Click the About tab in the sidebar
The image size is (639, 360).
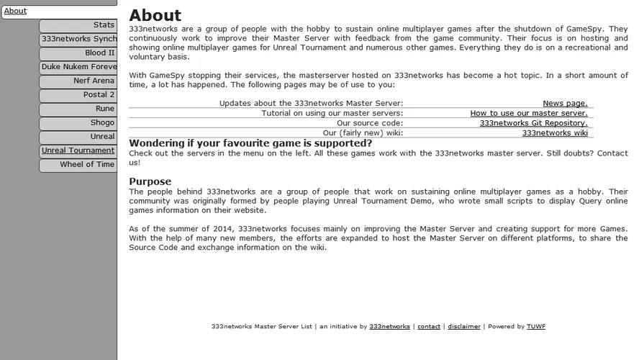[x=16, y=12]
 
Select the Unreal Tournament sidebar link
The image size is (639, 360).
[x=78, y=150]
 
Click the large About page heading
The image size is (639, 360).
[x=155, y=15]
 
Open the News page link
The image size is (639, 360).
[x=565, y=104]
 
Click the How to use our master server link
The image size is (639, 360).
[x=529, y=113]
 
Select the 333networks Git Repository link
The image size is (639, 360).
[x=533, y=123]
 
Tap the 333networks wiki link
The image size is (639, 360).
[x=555, y=132]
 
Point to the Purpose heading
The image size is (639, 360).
[x=150, y=181]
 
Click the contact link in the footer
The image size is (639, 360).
[x=429, y=327]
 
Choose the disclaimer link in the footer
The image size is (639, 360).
[x=464, y=327]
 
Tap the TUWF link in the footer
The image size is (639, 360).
[x=536, y=327]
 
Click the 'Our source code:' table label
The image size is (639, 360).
[x=370, y=123]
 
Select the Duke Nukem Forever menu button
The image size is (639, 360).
[x=78, y=67]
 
